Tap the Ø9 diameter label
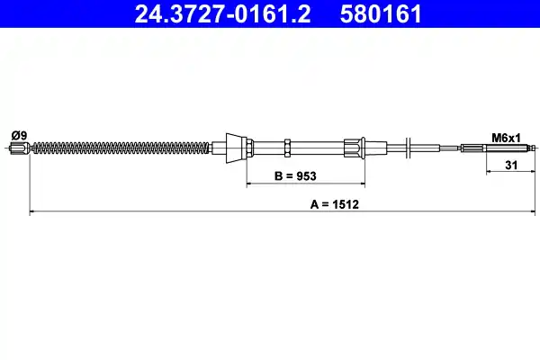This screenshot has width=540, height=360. click(18, 135)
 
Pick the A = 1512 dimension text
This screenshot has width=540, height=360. click(335, 205)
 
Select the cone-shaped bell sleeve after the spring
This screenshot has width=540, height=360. click(234, 147)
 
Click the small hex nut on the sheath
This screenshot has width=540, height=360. click(285, 147)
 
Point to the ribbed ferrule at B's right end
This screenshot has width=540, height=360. click(352, 147)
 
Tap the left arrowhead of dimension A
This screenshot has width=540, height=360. click(33, 213)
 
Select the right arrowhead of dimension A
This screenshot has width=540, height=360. click(534, 213)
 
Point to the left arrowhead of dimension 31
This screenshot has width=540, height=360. click(490, 173)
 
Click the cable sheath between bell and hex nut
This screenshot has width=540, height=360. click(266, 147)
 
